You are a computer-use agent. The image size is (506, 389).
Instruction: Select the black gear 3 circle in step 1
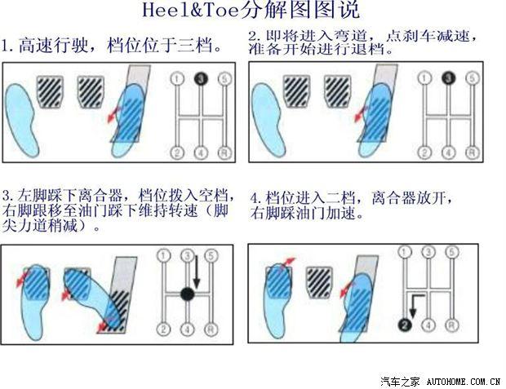pos(199,79)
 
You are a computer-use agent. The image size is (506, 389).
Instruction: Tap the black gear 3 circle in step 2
pos(447,79)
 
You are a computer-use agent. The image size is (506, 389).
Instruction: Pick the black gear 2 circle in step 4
pos(402,325)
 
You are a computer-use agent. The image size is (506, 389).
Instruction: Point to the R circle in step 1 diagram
pos(224,152)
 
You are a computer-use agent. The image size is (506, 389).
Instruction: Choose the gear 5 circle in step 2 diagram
pos(473,79)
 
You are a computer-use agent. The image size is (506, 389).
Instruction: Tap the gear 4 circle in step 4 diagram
pos(427,325)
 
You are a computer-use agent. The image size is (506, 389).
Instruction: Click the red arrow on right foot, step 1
pos(115,114)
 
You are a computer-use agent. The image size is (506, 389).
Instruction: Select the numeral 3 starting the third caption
pos(6,196)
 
